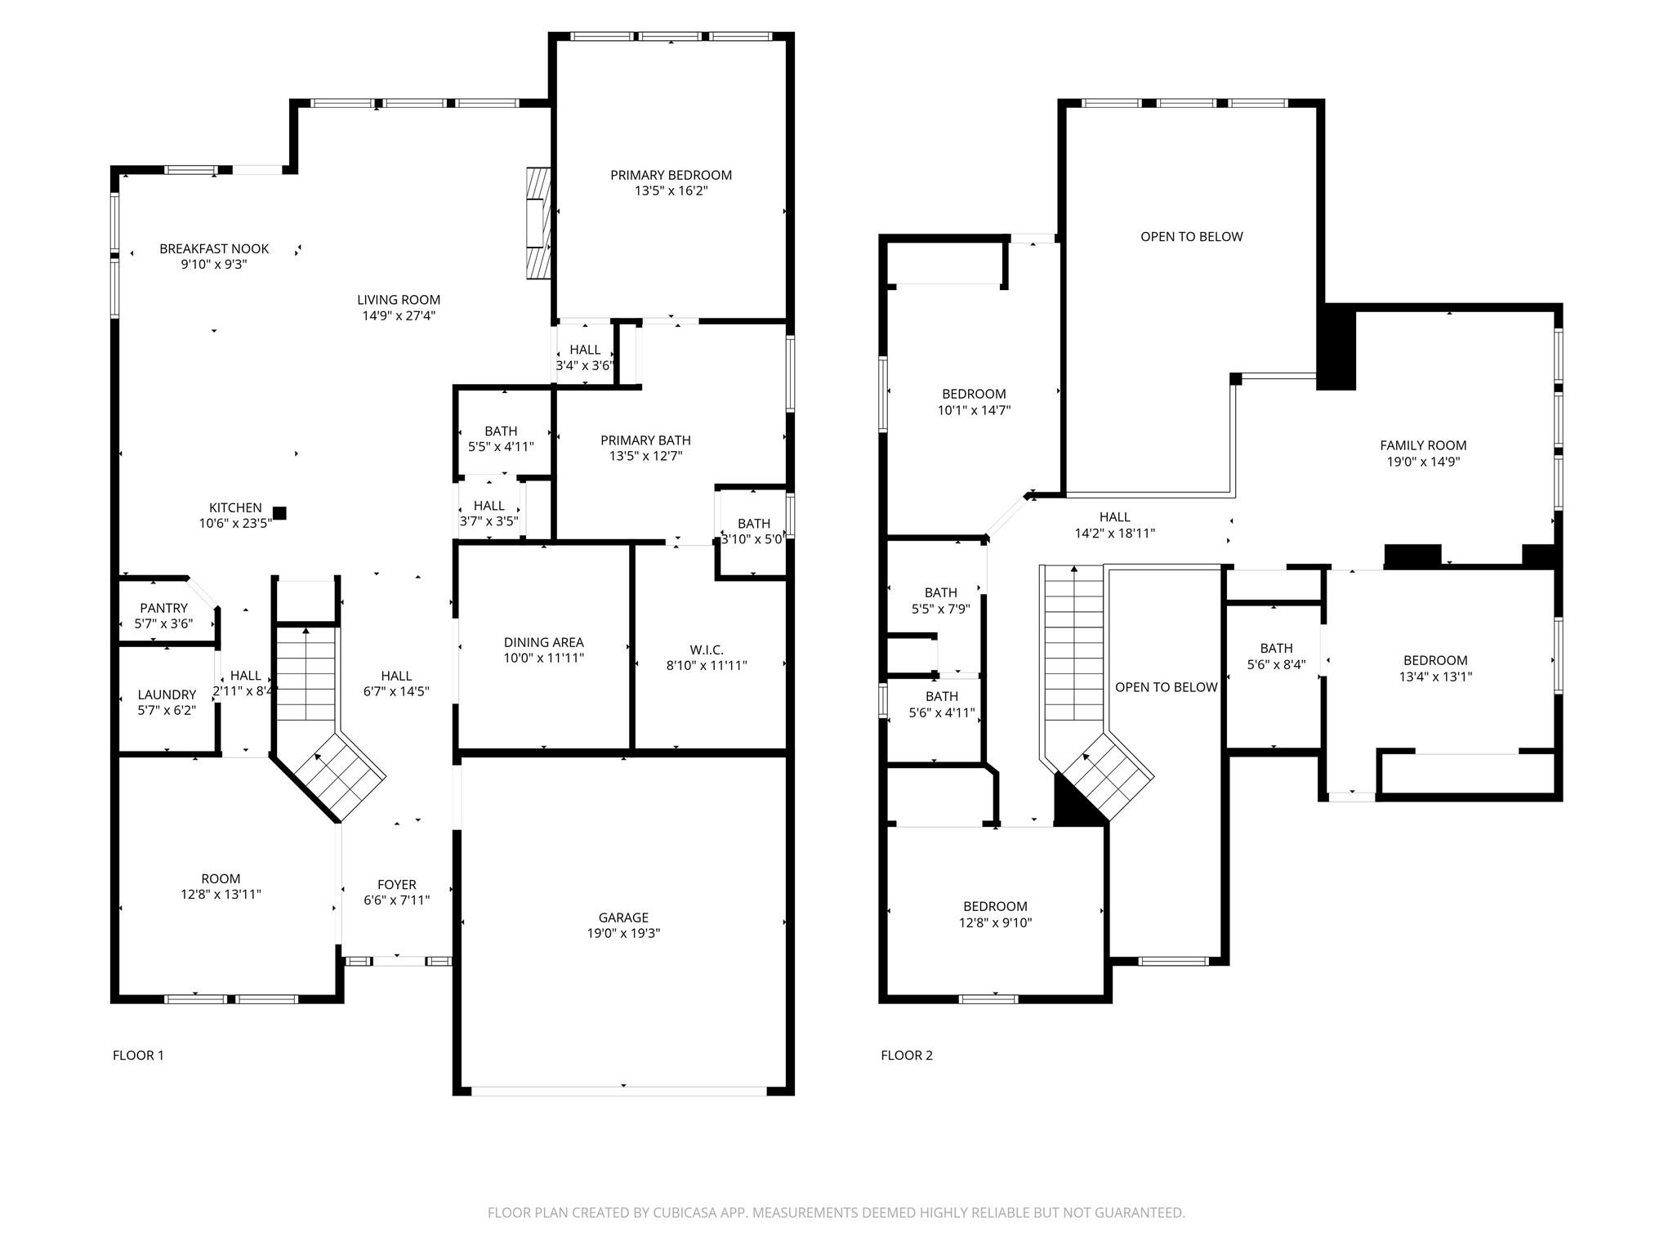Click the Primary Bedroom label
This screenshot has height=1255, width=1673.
(671, 175)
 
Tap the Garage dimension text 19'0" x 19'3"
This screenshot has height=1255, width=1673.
(623, 933)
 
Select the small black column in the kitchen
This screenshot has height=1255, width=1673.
(279, 513)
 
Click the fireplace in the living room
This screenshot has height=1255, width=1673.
(538, 224)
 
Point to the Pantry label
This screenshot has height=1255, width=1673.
(163, 608)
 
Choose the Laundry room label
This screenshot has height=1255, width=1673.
(167, 694)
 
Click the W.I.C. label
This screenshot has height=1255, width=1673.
(707, 650)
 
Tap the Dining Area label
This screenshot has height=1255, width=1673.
(543, 642)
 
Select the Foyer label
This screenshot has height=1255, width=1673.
(396, 884)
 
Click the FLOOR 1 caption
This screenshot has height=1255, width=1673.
(138, 1055)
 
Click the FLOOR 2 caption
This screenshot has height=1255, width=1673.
(906, 1055)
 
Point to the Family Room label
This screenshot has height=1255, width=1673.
(1423, 445)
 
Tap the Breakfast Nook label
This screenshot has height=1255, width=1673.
(214, 248)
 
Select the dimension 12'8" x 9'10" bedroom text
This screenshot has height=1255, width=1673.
(995, 922)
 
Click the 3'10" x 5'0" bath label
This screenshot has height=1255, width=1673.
(753, 531)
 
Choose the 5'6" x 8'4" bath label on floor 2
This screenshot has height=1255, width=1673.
(1276, 656)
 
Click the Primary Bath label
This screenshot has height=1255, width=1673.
(645, 440)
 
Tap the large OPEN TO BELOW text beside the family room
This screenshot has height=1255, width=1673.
(1191, 236)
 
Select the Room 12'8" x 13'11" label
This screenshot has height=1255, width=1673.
(221, 887)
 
